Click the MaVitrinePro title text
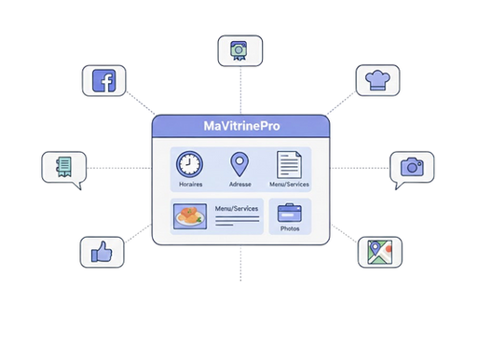[239, 126]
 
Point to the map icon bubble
[378, 253]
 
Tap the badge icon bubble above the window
[239, 50]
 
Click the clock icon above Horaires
[189, 164]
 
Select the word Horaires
[189, 185]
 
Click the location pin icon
[239, 165]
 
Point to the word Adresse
[239, 185]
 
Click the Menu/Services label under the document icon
[290, 185]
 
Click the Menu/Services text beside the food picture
[235, 210]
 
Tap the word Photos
[291, 229]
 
